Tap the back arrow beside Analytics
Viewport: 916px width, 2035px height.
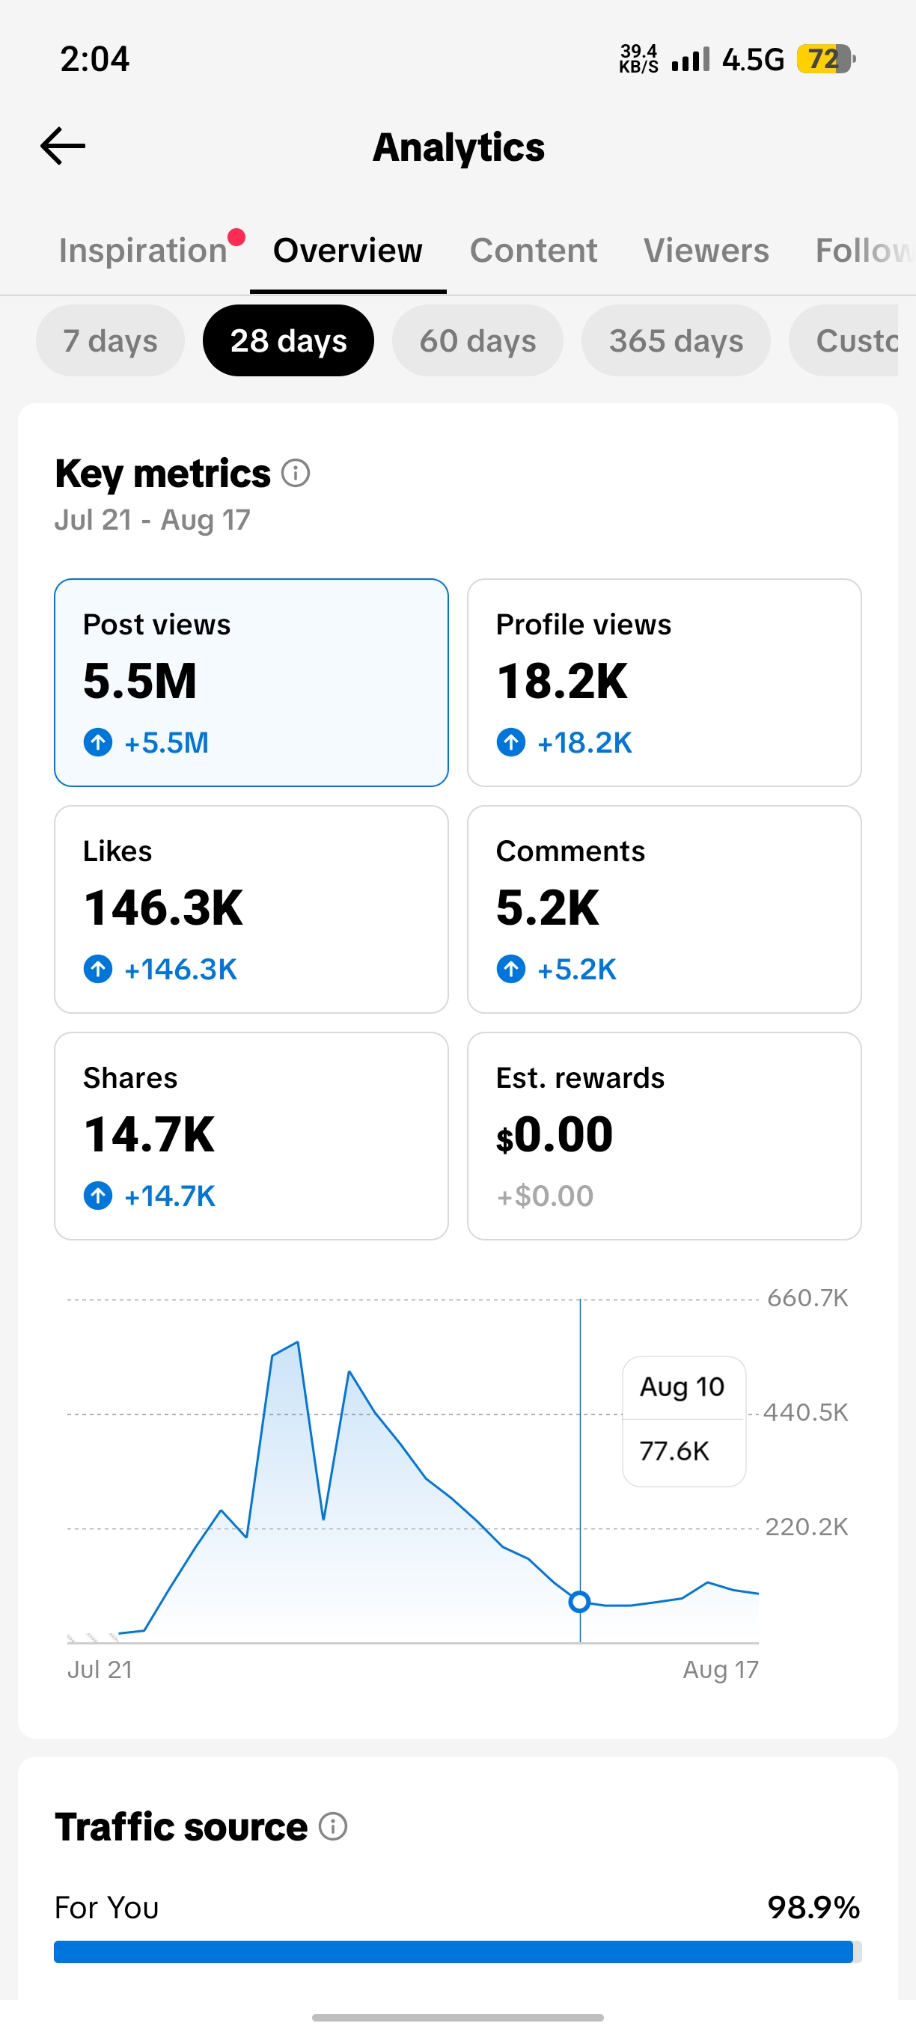tap(62, 146)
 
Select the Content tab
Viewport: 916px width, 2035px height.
tap(534, 251)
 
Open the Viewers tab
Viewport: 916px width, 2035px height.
tap(706, 251)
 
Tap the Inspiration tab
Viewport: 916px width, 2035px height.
tap(143, 251)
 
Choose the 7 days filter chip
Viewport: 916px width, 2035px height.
tap(111, 340)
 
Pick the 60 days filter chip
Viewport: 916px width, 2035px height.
tap(477, 340)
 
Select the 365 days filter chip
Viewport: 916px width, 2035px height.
tap(676, 340)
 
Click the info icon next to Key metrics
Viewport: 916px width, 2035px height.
tap(296, 473)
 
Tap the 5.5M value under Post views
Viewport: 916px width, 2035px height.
tap(140, 681)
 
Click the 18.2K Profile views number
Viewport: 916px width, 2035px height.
tap(562, 681)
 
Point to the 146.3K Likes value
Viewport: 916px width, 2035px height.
tap(164, 908)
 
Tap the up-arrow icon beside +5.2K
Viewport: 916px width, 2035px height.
tap(510, 969)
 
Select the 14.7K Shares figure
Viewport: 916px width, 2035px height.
tap(150, 1134)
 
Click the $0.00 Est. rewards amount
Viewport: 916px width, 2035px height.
tap(554, 1134)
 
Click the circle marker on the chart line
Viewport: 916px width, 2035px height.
tap(579, 1602)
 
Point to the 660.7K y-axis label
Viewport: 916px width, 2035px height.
tap(807, 1298)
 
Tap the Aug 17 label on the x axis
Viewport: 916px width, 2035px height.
tap(720, 1669)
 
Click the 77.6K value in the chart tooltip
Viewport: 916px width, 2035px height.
tap(674, 1451)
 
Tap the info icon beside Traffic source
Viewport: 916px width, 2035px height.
tap(333, 1826)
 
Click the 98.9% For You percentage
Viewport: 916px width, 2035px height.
tap(813, 1907)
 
